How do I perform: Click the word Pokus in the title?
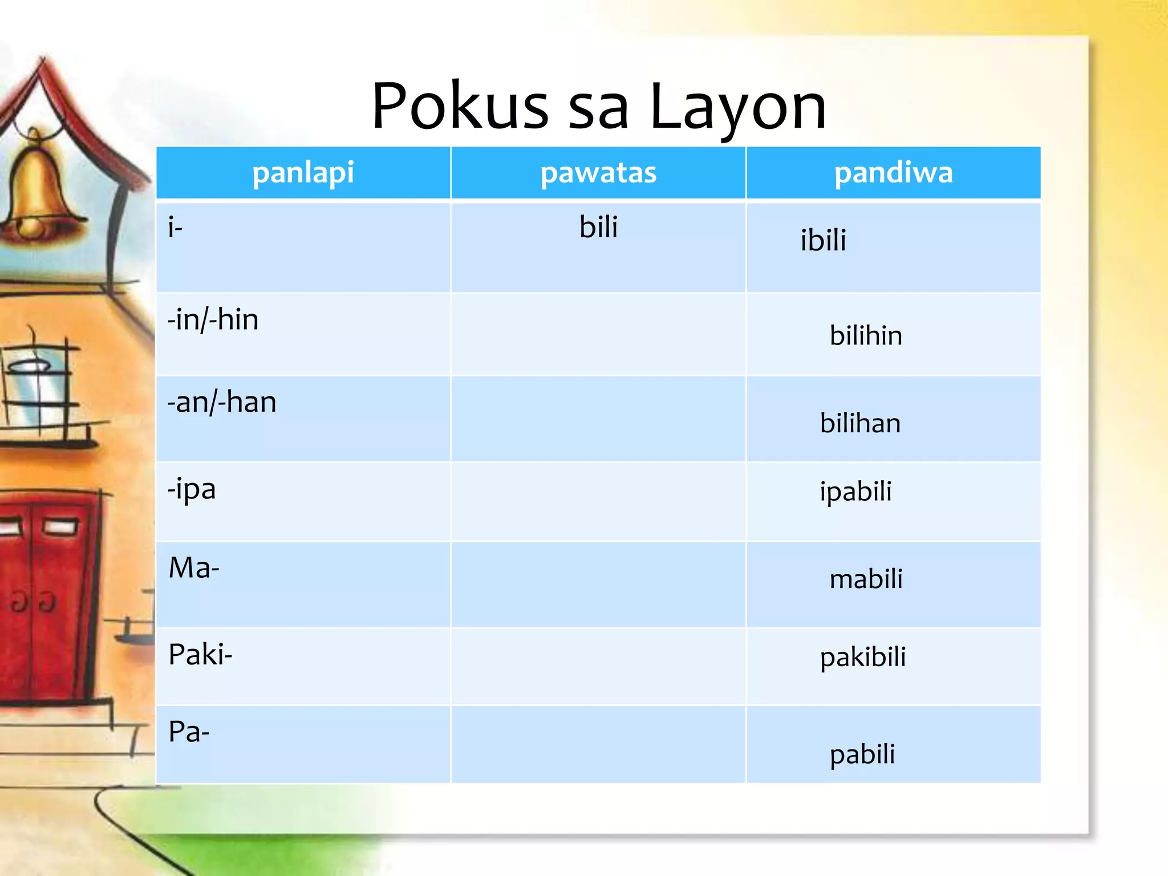click(x=460, y=107)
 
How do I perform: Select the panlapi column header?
click(x=303, y=173)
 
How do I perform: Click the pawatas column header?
click(x=598, y=173)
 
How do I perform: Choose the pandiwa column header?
click(x=893, y=173)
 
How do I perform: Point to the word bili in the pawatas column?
click(x=598, y=227)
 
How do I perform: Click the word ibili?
click(x=823, y=240)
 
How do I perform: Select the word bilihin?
click(x=866, y=335)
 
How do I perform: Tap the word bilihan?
click(x=860, y=423)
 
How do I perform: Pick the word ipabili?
click(x=855, y=492)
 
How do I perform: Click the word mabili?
click(x=866, y=579)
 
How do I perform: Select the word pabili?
click(x=862, y=755)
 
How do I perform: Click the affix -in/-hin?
click(x=213, y=319)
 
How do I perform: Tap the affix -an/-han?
click(x=222, y=402)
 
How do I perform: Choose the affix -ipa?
click(x=192, y=489)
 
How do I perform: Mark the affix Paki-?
click(x=200, y=654)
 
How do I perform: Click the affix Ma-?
click(x=194, y=568)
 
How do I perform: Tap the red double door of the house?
click(x=46, y=599)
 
